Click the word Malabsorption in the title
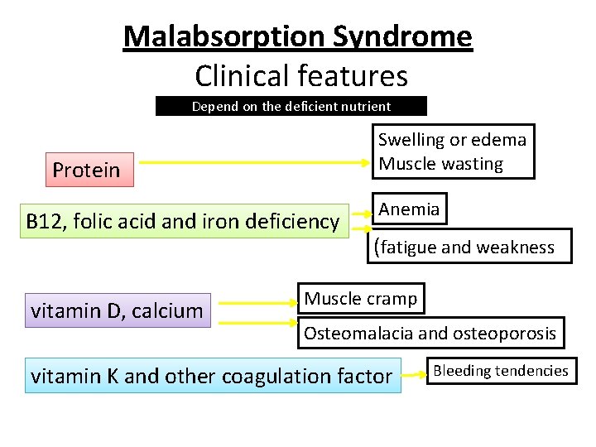coord(224,36)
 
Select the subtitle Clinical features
coord(301,76)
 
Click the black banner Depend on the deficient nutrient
coord(291,106)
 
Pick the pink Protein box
coord(86,170)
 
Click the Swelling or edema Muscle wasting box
coord(452,151)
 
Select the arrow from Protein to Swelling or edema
coord(248,162)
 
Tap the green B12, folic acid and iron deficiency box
coord(183,221)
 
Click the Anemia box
coord(409,209)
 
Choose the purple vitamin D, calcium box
coord(118,310)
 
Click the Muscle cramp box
coord(361,298)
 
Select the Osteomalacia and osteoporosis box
coord(430,334)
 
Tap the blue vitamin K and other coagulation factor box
coord(213,376)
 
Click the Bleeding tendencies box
coord(500,371)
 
